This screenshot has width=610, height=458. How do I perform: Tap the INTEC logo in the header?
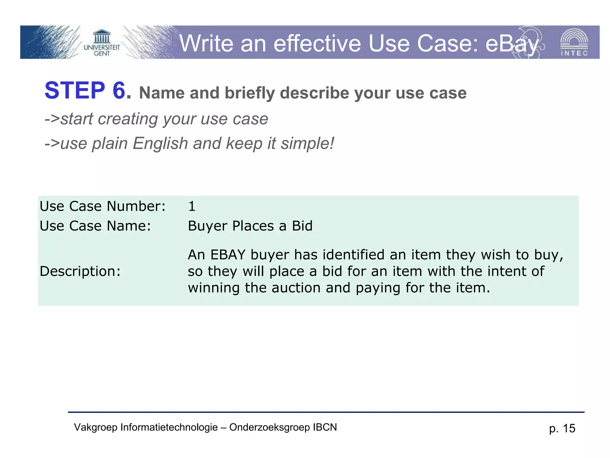574,43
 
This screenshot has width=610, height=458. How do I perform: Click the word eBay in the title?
512,44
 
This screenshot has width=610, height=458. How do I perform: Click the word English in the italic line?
160,143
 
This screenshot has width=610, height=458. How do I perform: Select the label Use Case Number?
102,206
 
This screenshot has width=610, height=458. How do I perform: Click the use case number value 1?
192,206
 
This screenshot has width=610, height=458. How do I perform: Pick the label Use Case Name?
95,226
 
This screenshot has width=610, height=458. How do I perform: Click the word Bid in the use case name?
302,226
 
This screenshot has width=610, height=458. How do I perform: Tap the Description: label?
80,271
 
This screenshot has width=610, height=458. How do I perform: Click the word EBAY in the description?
228,255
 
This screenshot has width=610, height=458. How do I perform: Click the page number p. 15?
562,428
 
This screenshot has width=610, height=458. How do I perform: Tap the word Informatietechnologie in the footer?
169,427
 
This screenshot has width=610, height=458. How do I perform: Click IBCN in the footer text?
325,427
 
